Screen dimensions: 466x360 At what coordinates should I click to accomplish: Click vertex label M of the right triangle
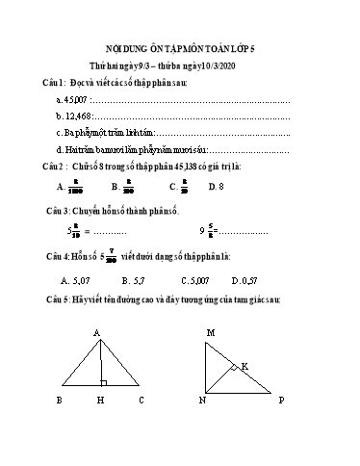(210, 333)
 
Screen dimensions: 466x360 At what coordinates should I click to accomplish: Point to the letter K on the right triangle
(244, 366)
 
